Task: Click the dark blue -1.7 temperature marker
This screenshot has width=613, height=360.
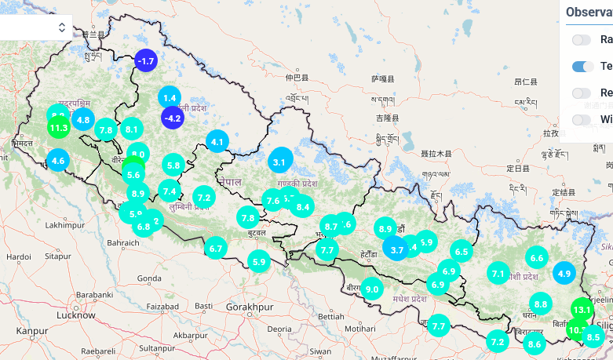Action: pyautogui.click(x=146, y=60)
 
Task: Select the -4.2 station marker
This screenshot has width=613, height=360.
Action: pyautogui.click(x=172, y=118)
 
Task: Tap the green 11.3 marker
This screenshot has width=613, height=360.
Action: pyautogui.click(x=58, y=128)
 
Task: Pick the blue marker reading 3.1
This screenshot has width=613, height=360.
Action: pyautogui.click(x=279, y=163)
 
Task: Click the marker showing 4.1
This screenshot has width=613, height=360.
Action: pyautogui.click(x=217, y=142)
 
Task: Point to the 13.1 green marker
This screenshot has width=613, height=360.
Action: pyautogui.click(x=582, y=310)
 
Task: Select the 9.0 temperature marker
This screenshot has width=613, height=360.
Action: pyautogui.click(x=372, y=289)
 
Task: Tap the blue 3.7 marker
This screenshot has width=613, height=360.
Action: pyautogui.click(x=396, y=249)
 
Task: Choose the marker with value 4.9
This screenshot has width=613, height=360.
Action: pyautogui.click(x=564, y=273)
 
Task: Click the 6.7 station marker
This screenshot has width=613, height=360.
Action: pyautogui.click(x=217, y=249)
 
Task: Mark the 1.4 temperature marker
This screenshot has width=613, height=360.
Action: pyautogui.click(x=170, y=98)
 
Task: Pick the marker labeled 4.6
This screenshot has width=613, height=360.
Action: pyautogui.click(x=57, y=162)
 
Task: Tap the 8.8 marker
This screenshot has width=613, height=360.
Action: pyautogui.click(x=540, y=304)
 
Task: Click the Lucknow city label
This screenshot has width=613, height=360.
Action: pyautogui.click(x=77, y=315)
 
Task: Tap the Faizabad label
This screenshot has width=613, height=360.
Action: pyautogui.click(x=164, y=305)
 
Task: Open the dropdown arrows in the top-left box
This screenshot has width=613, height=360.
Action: pyautogui.click(x=62, y=27)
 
